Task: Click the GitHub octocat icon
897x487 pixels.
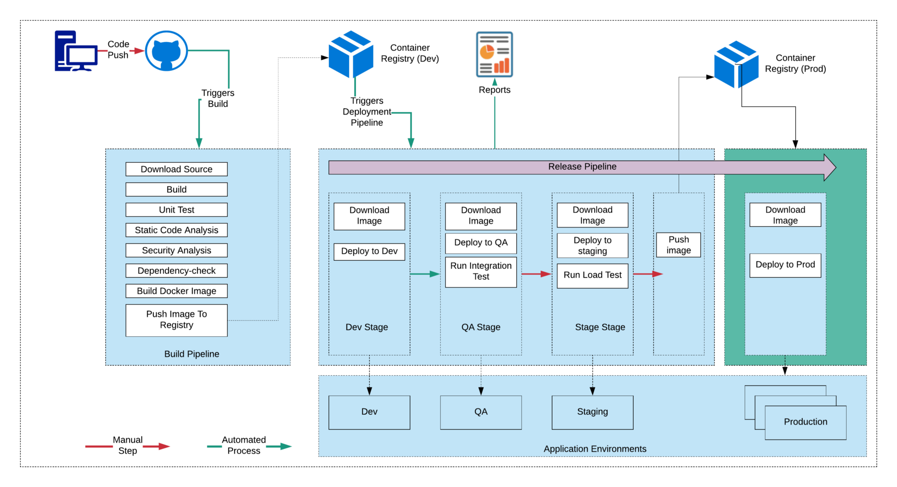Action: coord(166,51)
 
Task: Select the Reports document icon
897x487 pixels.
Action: coord(494,54)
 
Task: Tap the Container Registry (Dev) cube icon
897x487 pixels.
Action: coord(351,54)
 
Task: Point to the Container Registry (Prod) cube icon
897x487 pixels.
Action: coord(736,65)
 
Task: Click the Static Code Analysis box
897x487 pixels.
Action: coord(176,230)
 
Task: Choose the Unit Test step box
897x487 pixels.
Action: coord(176,210)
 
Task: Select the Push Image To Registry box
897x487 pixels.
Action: coord(176,320)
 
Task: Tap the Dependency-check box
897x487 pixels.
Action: coord(176,271)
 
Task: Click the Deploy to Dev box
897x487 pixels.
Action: coord(369,251)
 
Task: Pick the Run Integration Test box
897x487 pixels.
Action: coord(481,272)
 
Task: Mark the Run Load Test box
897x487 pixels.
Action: coord(592,275)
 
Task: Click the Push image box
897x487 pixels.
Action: coord(678,245)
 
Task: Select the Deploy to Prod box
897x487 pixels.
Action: coord(785,265)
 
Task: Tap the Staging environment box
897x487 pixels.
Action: coord(592,412)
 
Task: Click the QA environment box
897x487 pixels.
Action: coord(481,412)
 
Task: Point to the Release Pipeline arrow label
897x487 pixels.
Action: coord(582,167)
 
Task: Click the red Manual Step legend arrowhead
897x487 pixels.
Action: coord(164,446)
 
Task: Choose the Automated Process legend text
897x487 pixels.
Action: coord(244,445)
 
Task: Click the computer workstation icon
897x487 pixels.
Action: coord(76,51)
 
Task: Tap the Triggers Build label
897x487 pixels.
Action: coord(218,98)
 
